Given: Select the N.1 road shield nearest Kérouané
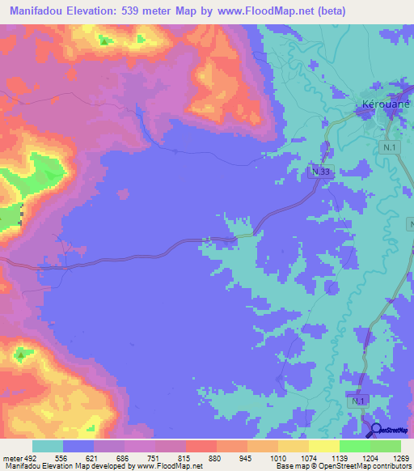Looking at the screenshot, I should [390, 146].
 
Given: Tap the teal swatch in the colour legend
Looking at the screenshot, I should [48, 446].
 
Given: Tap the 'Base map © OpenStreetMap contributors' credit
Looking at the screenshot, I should [344, 466].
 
